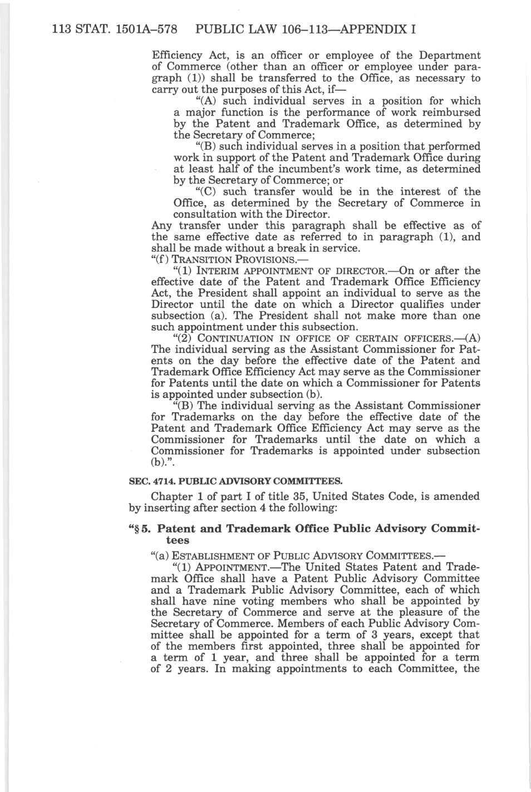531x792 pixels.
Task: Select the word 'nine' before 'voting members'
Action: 236,601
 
